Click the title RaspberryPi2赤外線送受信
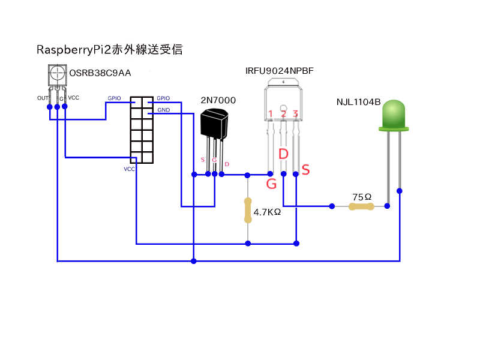(x=109, y=50)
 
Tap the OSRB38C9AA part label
(x=100, y=73)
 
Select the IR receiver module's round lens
(x=57, y=74)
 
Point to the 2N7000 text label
(x=218, y=100)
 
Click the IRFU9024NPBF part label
(x=280, y=71)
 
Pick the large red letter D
(x=284, y=154)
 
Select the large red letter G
(x=271, y=184)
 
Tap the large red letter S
(x=305, y=170)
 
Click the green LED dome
(x=393, y=115)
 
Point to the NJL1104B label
(x=358, y=101)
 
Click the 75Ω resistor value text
(x=362, y=197)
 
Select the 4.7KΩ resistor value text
(x=268, y=212)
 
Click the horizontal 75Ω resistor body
(x=361, y=207)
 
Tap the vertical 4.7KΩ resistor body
(x=247, y=210)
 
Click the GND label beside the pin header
(x=163, y=110)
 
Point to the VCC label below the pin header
(x=130, y=169)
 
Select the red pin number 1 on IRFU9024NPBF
(x=271, y=114)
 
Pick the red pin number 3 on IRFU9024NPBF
(x=295, y=113)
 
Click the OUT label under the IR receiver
(x=42, y=98)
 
